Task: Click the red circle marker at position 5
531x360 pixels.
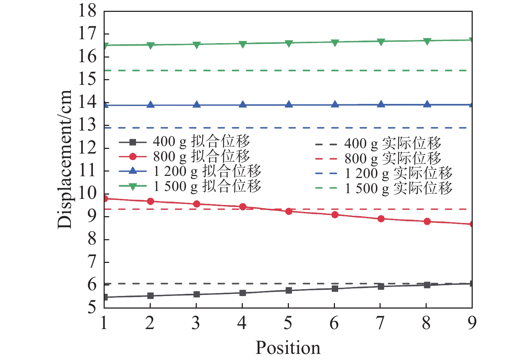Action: click(289, 211)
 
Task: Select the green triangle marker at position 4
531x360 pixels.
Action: click(242, 44)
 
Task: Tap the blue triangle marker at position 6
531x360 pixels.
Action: click(335, 105)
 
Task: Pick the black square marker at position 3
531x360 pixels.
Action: click(196, 294)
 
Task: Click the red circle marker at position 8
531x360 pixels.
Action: click(427, 222)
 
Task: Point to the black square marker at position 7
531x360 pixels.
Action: click(381, 287)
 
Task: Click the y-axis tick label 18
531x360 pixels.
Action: click(88, 11)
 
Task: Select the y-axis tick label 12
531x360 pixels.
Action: click(88, 148)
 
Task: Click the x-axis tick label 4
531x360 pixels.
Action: click(242, 323)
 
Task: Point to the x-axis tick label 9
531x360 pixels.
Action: click(472, 323)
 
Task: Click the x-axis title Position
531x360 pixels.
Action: click(288, 348)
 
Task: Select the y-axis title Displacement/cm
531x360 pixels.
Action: click(65, 159)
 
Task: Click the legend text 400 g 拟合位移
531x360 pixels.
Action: click(201, 142)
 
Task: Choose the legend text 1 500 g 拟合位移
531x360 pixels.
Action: click(207, 186)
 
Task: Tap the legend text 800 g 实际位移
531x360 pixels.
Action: click(392, 159)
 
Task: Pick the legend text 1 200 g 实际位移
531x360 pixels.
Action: click(398, 173)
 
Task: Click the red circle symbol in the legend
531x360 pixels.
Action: click(133, 157)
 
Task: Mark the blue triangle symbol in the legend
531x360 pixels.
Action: click(133, 171)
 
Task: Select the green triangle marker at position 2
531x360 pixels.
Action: click(150, 45)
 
